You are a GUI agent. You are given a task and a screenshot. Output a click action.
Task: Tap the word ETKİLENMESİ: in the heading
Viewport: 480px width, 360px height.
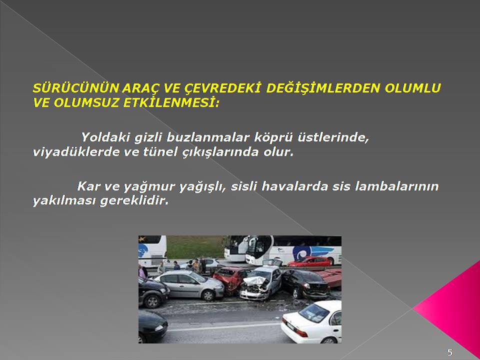pyautogui.click(x=171, y=103)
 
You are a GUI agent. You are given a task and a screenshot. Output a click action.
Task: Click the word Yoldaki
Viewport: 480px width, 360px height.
pyautogui.click(x=105, y=137)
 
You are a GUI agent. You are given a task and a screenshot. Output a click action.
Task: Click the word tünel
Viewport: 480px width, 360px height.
pyautogui.click(x=160, y=152)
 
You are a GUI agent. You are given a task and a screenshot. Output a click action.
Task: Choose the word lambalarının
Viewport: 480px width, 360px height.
pyautogui.click(x=396, y=186)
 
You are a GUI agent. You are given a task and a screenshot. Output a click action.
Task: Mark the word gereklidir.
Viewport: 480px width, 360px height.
pyautogui.click(x=134, y=201)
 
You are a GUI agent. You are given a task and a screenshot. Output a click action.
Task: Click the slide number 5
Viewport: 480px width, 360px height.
pyautogui.click(x=449, y=352)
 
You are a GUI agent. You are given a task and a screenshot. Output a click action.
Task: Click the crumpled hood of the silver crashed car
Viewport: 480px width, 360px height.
pyautogui.click(x=254, y=280)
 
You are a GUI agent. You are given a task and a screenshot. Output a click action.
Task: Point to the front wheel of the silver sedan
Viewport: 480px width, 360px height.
pyautogui.click(x=208, y=295)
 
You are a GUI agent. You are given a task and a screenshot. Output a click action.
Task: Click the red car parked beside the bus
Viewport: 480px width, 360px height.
pyautogui.click(x=309, y=262)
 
